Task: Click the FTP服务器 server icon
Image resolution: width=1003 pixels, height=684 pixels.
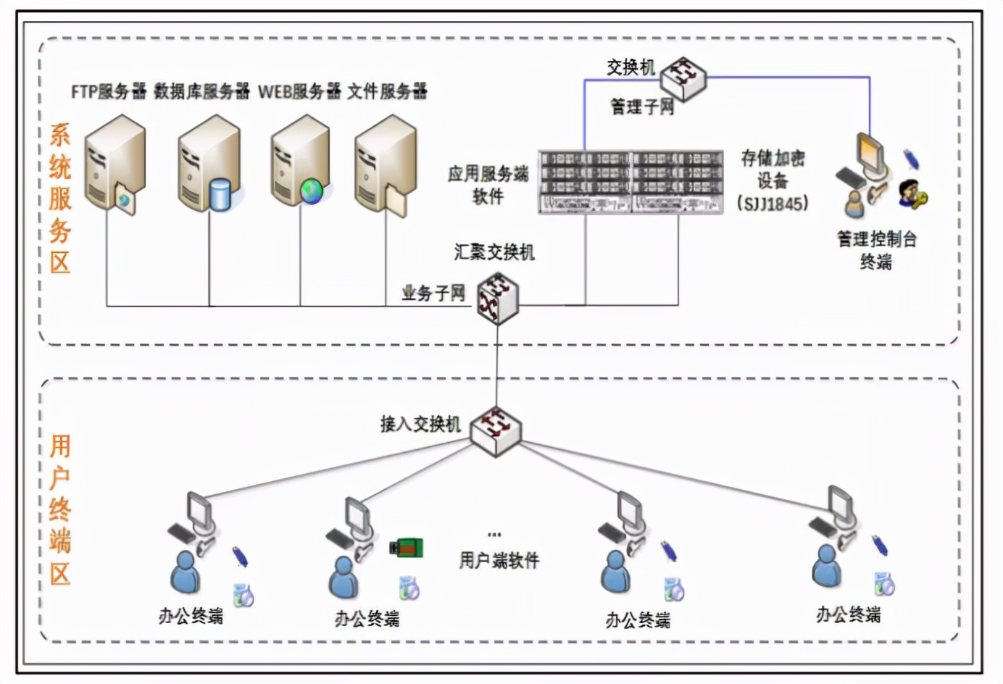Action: [x=115, y=166]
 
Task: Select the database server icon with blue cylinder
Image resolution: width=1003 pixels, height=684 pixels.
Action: [x=209, y=167]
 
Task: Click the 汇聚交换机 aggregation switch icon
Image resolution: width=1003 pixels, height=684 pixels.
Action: [x=498, y=298]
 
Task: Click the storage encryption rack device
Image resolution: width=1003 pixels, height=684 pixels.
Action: [x=630, y=182]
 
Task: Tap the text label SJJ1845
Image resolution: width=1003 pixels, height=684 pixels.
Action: [x=773, y=204]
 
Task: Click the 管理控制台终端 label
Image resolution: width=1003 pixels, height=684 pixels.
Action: [x=876, y=250]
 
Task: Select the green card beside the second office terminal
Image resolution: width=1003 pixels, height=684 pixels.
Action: [x=407, y=548]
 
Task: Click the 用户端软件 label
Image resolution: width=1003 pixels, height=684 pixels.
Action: [x=499, y=560]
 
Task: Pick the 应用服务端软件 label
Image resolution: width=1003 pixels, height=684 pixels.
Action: [x=488, y=185]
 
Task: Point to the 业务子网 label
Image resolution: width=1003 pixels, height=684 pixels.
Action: [x=433, y=293]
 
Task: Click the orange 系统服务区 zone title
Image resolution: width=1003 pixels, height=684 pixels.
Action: [x=60, y=199]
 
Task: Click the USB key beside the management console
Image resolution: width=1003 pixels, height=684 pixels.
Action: [x=910, y=159]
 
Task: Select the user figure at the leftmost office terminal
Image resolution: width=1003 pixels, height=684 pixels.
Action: [x=186, y=572]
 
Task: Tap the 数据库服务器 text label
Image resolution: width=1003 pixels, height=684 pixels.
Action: [x=201, y=91]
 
